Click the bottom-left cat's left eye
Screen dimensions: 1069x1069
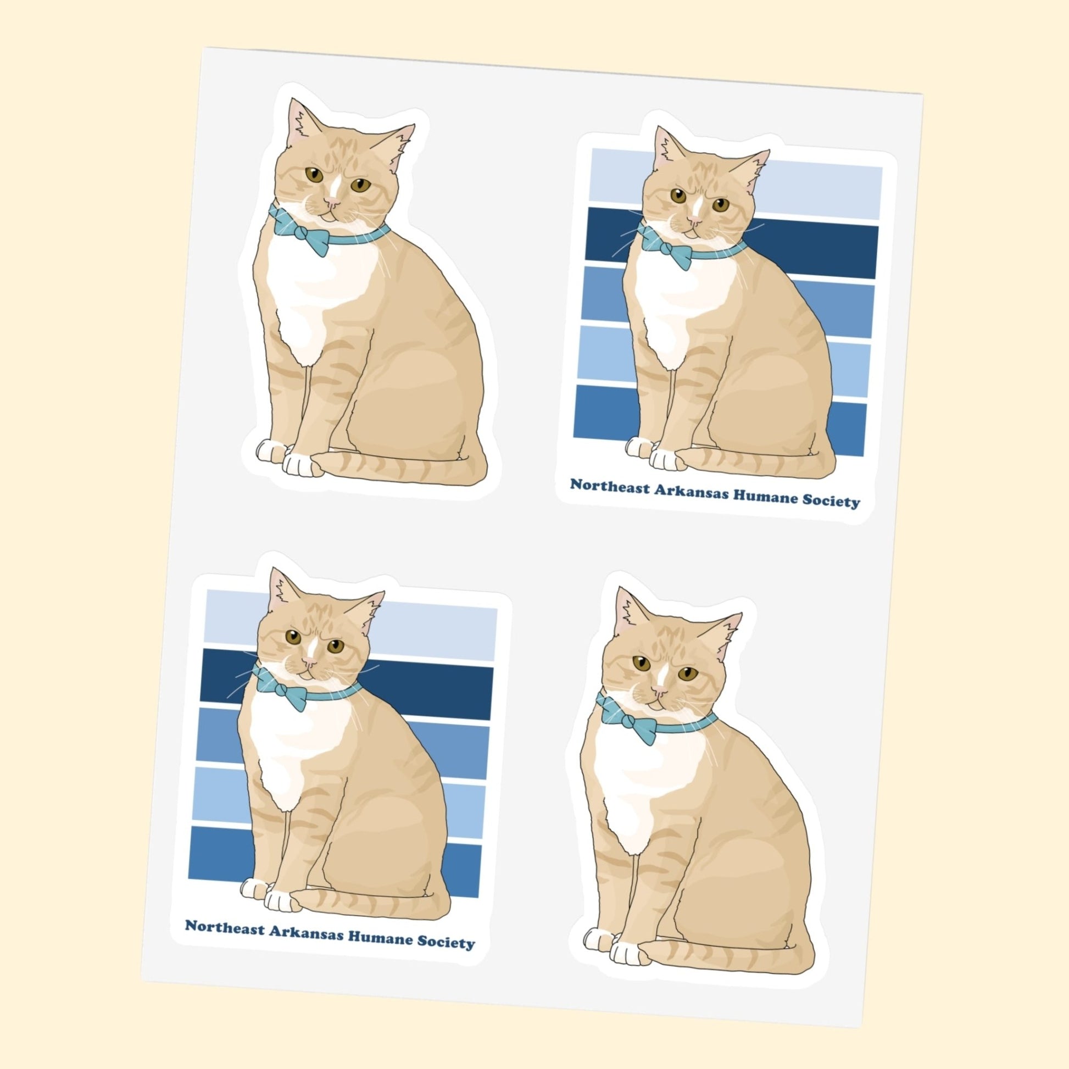coord(293,637)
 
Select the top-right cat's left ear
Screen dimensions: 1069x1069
coord(666,148)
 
